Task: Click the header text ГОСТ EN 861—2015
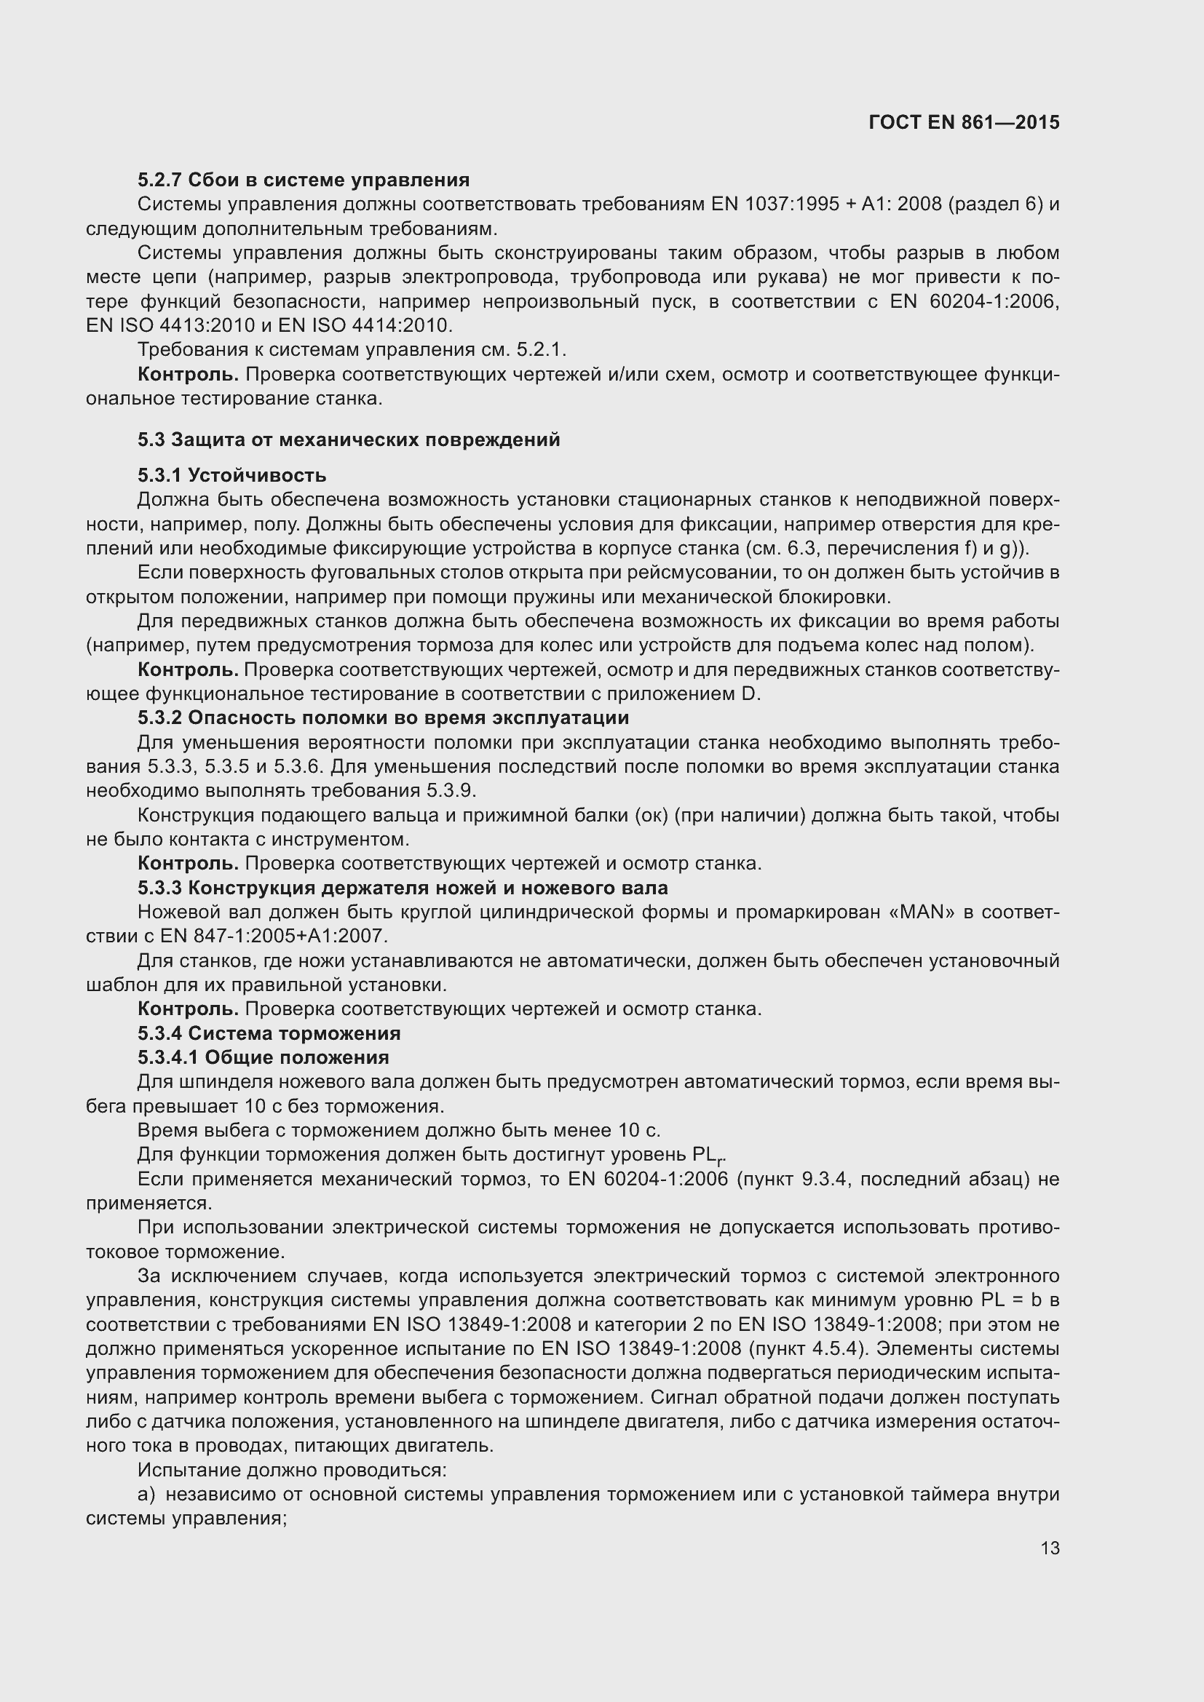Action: pos(964,122)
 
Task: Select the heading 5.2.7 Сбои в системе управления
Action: pos(304,180)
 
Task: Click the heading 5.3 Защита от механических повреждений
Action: pos(349,440)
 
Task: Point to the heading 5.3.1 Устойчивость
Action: pos(232,475)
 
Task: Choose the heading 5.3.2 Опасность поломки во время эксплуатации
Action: pos(384,717)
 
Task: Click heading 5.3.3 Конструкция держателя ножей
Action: pos(403,887)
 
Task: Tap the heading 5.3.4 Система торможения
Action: pos(269,1033)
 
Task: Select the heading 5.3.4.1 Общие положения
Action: pos(264,1057)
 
